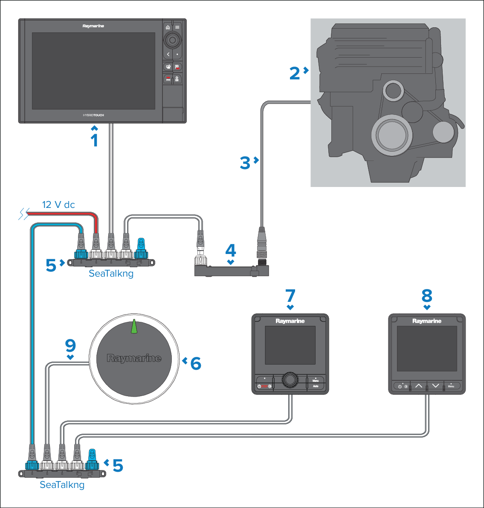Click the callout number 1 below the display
pos(95,140)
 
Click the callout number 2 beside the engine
pos(294,73)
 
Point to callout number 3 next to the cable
pos(245,163)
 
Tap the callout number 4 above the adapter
pos(231,251)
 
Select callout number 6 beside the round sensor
pos(196,363)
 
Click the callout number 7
pos(290,295)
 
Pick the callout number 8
pos(427,295)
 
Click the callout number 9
pos(70,345)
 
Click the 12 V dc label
pos(58,205)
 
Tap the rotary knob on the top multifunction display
pos(172,41)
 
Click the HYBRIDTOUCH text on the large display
pos(93,115)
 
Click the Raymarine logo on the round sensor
pos(134,358)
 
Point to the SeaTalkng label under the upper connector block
pos(111,274)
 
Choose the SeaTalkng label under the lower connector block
pos(62,485)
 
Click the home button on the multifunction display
pos(168,27)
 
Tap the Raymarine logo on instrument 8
pos(427,321)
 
